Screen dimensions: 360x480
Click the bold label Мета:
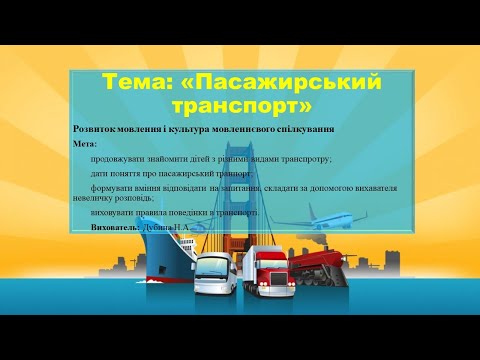pos(86,144)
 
